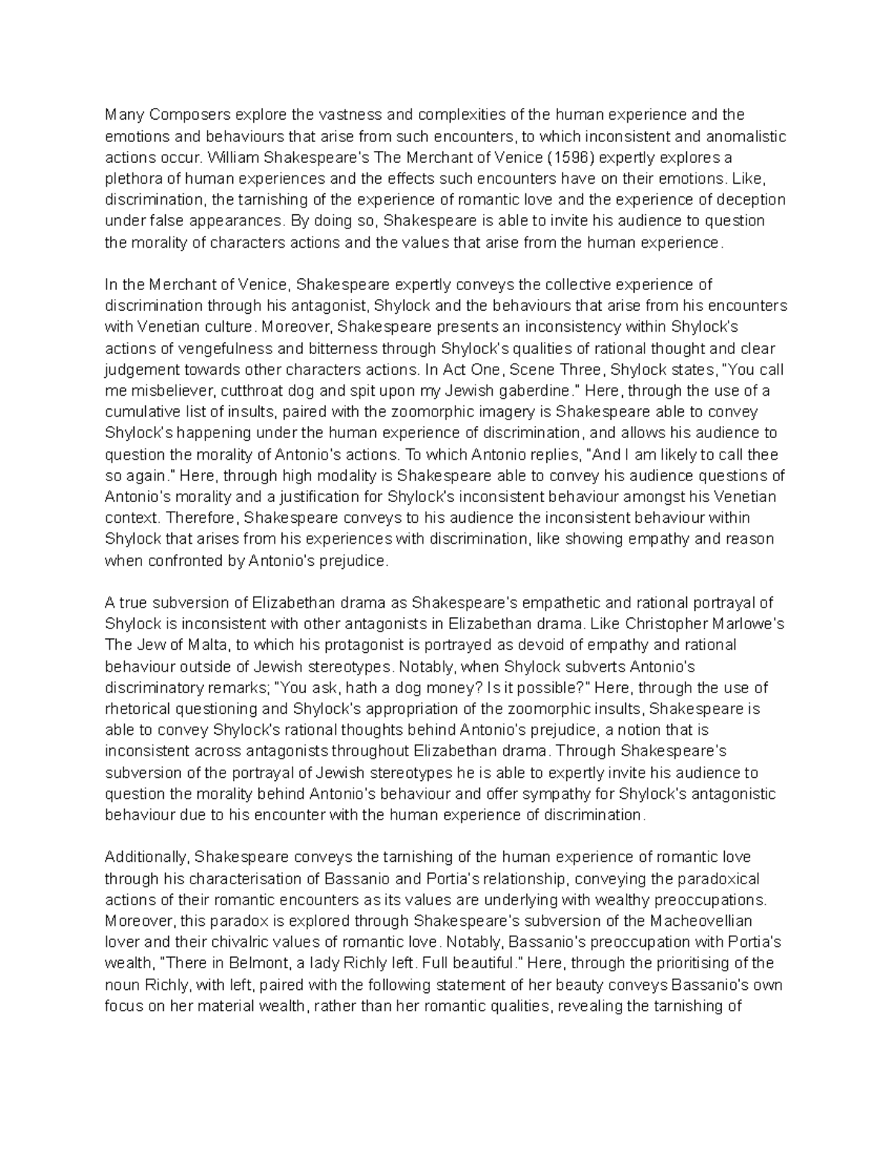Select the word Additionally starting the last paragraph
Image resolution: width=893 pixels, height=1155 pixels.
148,858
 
